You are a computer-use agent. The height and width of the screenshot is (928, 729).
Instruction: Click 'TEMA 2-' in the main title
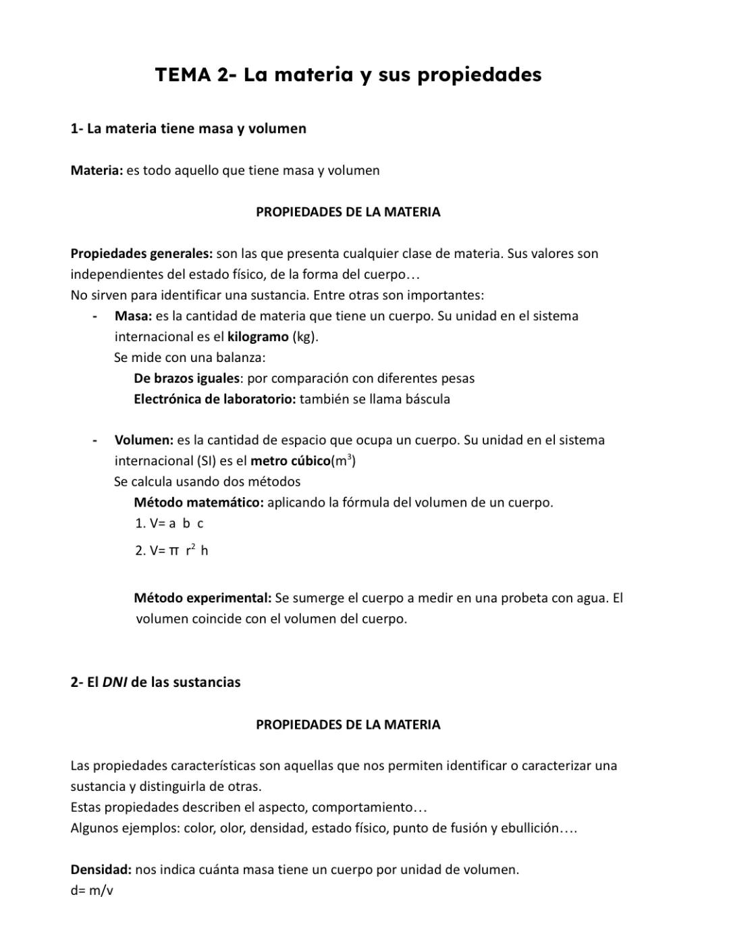195,74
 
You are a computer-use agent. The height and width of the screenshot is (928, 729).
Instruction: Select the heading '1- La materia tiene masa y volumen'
188,128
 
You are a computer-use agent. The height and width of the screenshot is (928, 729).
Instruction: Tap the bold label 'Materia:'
97,170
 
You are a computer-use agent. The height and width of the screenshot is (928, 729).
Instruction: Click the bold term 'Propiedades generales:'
142,253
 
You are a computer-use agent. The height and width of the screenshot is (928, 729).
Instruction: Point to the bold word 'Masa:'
133,316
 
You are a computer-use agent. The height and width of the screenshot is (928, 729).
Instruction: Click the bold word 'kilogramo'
258,337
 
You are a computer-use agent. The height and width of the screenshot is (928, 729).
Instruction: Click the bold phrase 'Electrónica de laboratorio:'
215,399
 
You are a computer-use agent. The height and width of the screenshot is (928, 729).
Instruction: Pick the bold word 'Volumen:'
144,440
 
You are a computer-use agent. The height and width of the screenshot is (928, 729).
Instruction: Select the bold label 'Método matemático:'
198,502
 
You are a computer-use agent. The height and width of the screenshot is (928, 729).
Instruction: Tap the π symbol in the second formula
173,551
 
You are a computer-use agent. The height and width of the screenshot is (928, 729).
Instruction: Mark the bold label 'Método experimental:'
202,598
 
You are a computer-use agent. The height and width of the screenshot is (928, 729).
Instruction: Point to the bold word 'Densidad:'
101,869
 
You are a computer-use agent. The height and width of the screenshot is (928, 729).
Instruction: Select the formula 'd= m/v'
92,890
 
